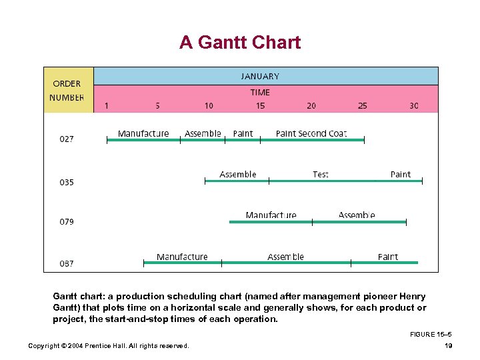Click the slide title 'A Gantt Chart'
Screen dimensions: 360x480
[x=240, y=43]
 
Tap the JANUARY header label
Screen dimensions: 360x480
[x=260, y=76]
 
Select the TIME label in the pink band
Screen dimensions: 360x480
[x=260, y=93]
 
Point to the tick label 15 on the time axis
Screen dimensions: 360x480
[x=260, y=105]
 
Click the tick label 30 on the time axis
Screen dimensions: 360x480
[x=414, y=105]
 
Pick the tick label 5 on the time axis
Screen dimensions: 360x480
[x=157, y=105]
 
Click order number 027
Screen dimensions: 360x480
[x=67, y=139]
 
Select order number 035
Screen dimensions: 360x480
[x=67, y=182]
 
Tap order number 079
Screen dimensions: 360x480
[x=67, y=221]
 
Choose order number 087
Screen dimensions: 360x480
[x=67, y=263]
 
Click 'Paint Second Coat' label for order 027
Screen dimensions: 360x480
[x=311, y=133]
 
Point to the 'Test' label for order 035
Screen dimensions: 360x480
[x=321, y=175]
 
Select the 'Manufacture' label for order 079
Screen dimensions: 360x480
[x=271, y=215]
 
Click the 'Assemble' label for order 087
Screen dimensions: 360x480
[x=285, y=257]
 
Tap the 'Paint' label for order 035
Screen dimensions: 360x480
[x=401, y=175]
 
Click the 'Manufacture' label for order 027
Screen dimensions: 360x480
[x=143, y=133]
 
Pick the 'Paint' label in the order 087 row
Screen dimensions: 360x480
[x=388, y=257]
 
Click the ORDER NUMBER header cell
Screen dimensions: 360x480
[x=67, y=91]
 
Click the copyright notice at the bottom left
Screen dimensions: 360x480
[x=108, y=345]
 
